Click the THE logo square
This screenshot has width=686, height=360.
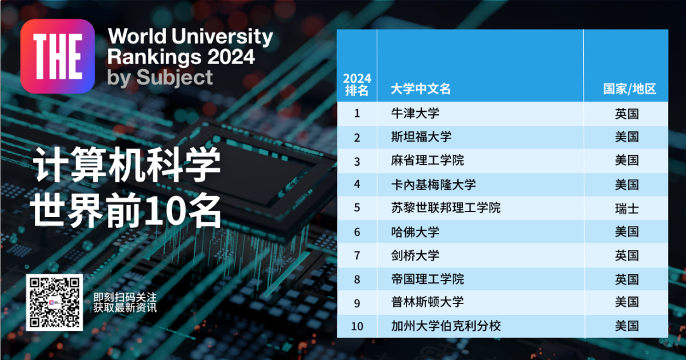(x=57, y=57)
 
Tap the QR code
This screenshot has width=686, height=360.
(x=54, y=303)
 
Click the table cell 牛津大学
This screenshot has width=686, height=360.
(x=415, y=114)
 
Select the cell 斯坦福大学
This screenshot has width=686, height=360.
(x=422, y=137)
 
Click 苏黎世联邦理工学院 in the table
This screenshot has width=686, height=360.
(x=446, y=208)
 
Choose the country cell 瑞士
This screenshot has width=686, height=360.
(x=626, y=208)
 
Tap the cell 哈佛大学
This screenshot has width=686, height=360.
(x=415, y=232)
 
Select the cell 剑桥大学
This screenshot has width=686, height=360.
(x=415, y=255)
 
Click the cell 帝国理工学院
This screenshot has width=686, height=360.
(x=427, y=279)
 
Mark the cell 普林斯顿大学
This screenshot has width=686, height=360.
(x=427, y=302)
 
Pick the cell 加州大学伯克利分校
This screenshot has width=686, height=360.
(x=446, y=326)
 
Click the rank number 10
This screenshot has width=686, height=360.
(x=357, y=326)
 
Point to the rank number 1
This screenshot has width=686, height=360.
(x=357, y=114)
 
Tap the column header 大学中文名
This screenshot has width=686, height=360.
(x=421, y=89)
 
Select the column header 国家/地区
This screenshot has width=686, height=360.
(x=629, y=89)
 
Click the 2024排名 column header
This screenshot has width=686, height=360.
(x=356, y=84)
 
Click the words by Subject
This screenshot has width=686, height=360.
(x=160, y=77)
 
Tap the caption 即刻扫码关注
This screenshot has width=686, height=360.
(x=124, y=297)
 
